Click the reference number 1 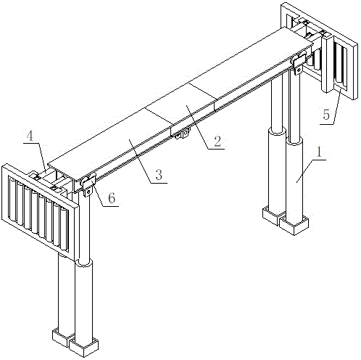point(319,152)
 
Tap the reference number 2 point(217,141)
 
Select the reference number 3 point(159,175)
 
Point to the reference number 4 point(30,136)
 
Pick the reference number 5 point(326,115)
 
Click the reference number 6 point(112,198)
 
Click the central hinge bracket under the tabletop point(183,134)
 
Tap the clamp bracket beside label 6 point(87,185)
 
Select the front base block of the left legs point(83,348)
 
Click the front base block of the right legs point(294,226)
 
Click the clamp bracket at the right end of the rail point(298,63)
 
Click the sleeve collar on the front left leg point(83,263)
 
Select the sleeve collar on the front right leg point(294,141)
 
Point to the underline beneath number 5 point(327,124)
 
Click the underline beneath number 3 point(159,183)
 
